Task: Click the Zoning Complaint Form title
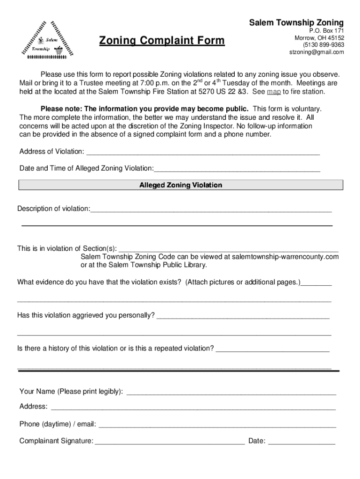coord(161,41)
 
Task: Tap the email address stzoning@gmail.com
coord(317,52)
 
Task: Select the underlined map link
coord(274,92)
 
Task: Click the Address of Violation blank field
coord(203,152)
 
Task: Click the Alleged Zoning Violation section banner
coord(180,185)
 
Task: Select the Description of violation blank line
coord(211,209)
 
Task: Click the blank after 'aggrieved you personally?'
coord(243,316)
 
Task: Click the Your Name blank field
coord(231,392)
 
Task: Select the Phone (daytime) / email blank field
coord(217,425)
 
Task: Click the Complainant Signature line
coord(169,441)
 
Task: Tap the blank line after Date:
coord(302,441)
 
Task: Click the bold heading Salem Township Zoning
coord(296,22)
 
